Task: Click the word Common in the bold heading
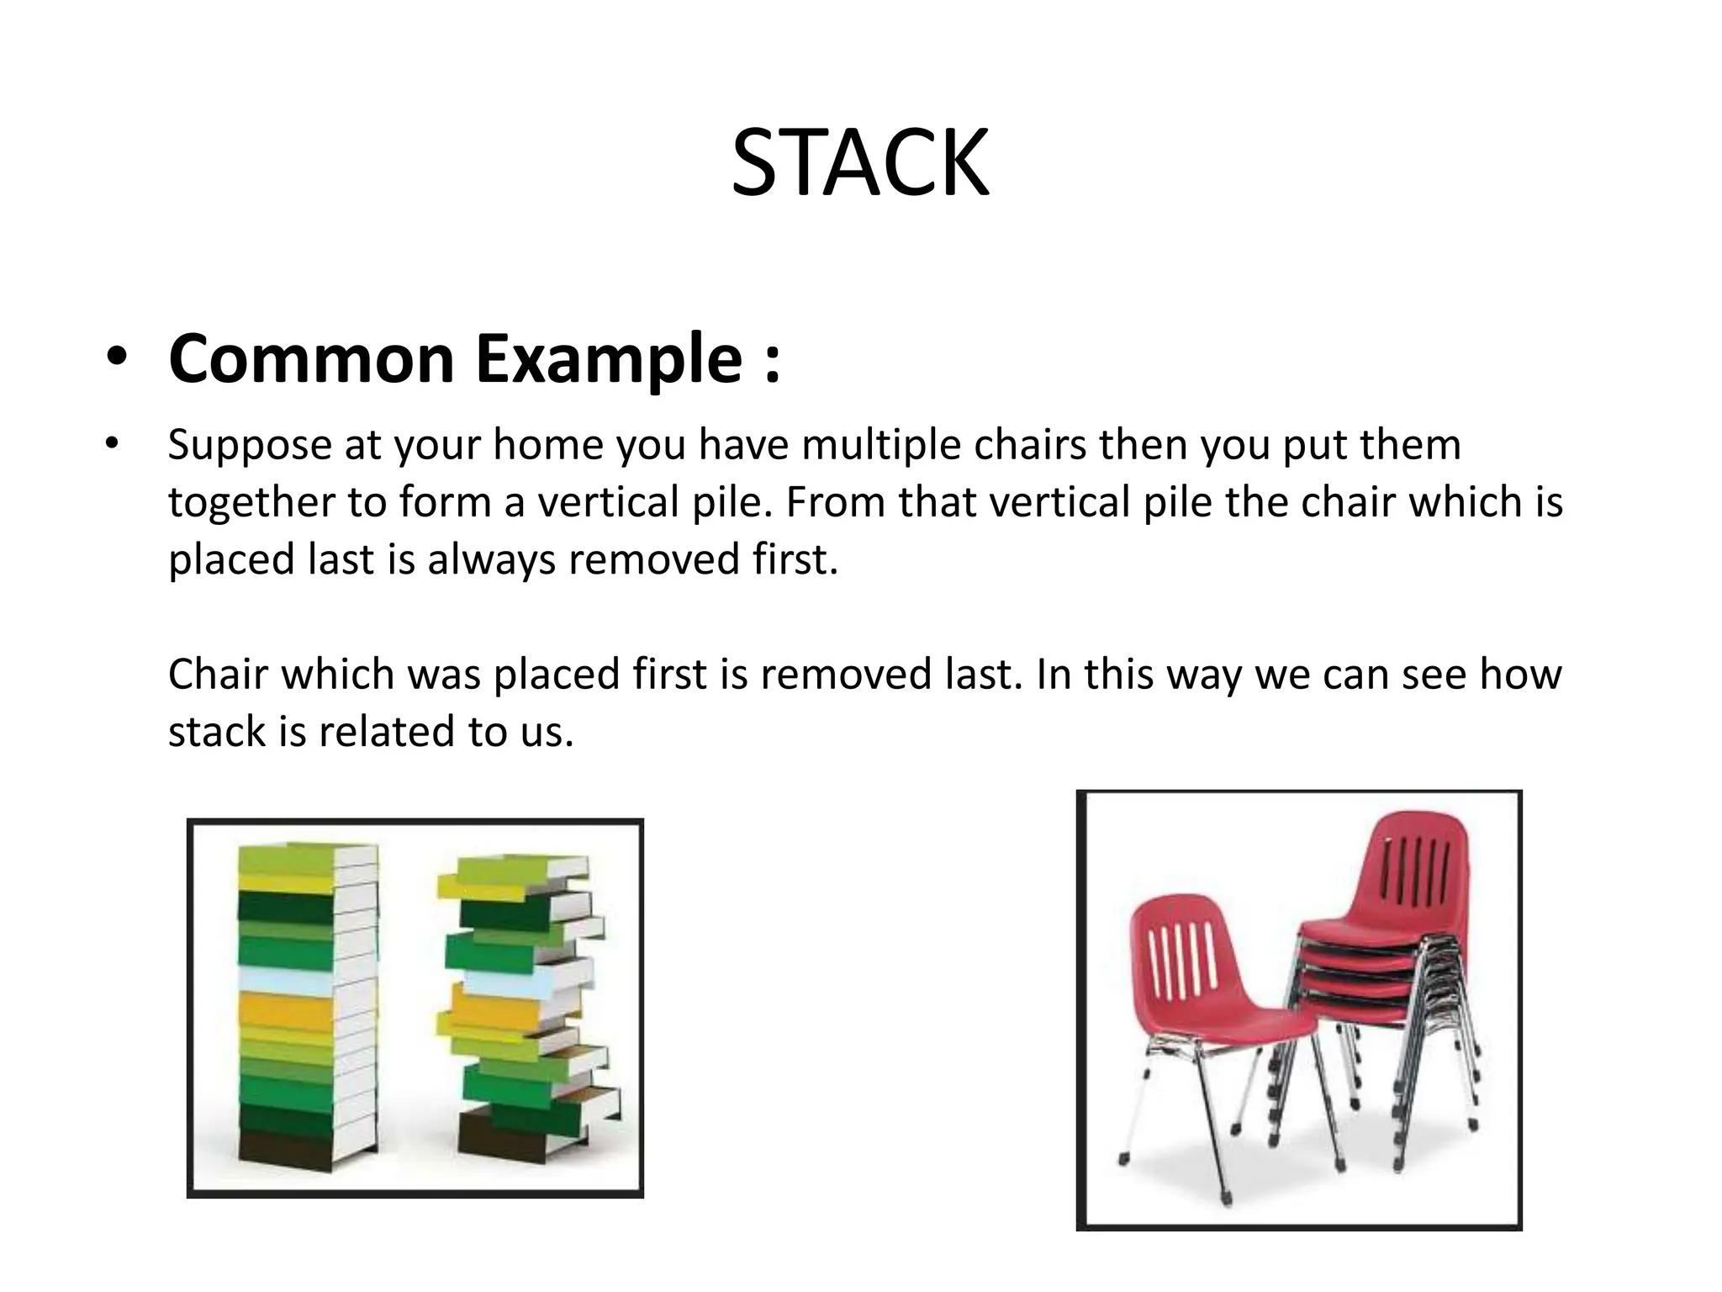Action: [311, 359]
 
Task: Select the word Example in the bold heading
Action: [610, 359]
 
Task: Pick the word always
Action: [492, 559]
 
